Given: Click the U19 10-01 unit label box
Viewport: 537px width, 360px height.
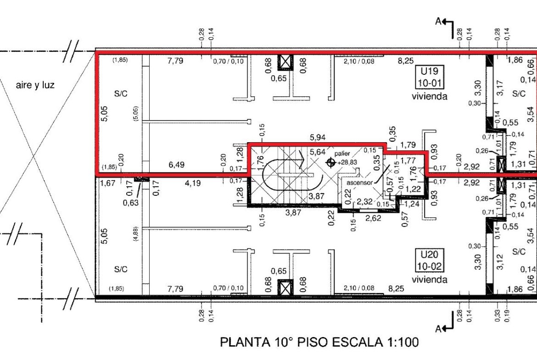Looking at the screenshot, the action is (x=430, y=77).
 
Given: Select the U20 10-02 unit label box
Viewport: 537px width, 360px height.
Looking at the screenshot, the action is (x=430, y=261).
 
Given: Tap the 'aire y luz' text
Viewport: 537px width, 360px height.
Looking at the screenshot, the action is (x=35, y=85).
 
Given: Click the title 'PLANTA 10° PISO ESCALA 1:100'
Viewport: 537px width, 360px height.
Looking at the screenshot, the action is (x=319, y=342).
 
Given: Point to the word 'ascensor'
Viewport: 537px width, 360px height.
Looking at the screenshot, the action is (x=359, y=183).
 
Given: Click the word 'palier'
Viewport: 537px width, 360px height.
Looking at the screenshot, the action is (x=342, y=154).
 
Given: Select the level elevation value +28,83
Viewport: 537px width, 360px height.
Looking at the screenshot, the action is (x=347, y=163).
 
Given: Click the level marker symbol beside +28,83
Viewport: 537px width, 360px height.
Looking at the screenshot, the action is (x=331, y=163).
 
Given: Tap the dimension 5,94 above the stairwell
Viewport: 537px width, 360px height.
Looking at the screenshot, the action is (x=318, y=138).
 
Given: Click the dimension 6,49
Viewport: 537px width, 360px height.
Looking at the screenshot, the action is (x=176, y=165).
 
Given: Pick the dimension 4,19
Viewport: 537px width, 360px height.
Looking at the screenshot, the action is (x=193, y=183).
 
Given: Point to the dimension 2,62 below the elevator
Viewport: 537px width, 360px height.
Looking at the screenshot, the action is (x=373, y=218).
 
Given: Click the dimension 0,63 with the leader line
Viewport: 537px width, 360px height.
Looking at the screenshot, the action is (x=131, y=203).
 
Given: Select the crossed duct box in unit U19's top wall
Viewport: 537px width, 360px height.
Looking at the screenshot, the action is (x=285, y=63).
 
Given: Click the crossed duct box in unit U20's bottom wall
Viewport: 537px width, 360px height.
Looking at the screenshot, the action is (x=285, y=287).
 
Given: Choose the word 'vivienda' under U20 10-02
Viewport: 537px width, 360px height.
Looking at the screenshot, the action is (x=430, y=280).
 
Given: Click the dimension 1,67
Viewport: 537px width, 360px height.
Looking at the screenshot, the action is (x=107, y=183).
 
